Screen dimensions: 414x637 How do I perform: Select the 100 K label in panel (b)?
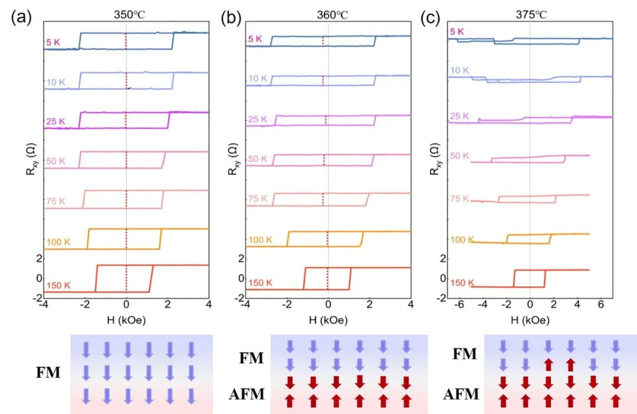(x=260, y=240)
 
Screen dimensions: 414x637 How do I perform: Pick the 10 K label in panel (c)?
(x=460, y=71)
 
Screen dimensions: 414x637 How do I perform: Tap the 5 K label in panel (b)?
(x=255, y=39)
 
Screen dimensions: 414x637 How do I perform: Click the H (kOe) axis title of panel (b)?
(x=328, y=321)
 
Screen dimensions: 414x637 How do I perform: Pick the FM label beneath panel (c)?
(x=465, y=354)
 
